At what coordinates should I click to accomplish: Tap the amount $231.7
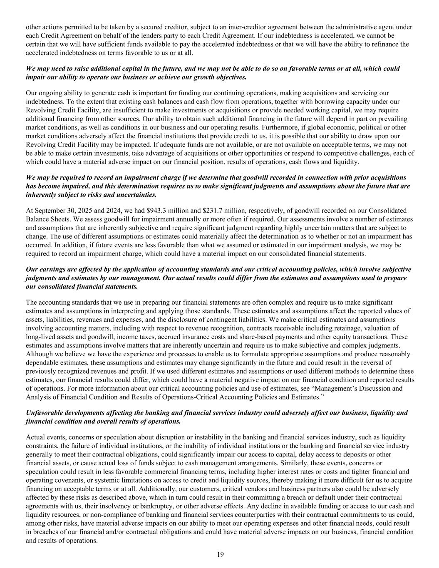pos(197,211)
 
